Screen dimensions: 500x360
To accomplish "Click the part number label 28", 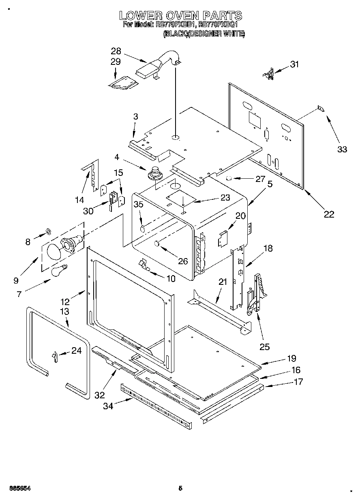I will tap(116, 51).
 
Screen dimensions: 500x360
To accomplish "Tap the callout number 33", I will tap(342, 149).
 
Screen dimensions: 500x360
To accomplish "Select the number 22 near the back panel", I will tap(329, 214).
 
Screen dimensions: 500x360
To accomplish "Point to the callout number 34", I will tap(108, 406).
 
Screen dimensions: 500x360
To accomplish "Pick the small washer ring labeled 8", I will tap(47, 231).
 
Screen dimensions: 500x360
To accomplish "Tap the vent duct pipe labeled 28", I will tap(160, 64).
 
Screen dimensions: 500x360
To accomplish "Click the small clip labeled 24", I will tap(54, 356).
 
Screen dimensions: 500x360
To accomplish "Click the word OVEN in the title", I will tap(180, 16).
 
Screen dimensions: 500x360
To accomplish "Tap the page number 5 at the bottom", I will tap(180, 488).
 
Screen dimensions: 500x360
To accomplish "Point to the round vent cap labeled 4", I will tap(155, 173).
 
